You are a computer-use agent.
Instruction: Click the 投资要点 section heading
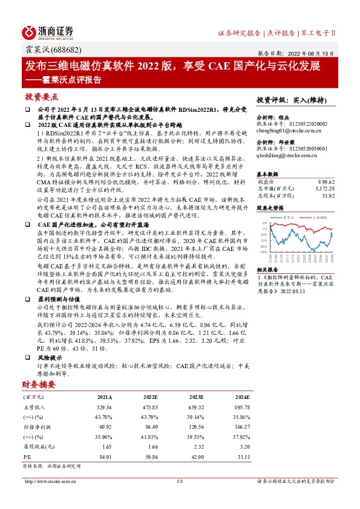tap(42, 97)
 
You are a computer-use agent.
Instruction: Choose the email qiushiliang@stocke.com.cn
tap(286, 155)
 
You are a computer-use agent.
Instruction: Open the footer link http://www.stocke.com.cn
tap(45, 481)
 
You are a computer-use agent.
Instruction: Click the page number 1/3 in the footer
tap(180, 481)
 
